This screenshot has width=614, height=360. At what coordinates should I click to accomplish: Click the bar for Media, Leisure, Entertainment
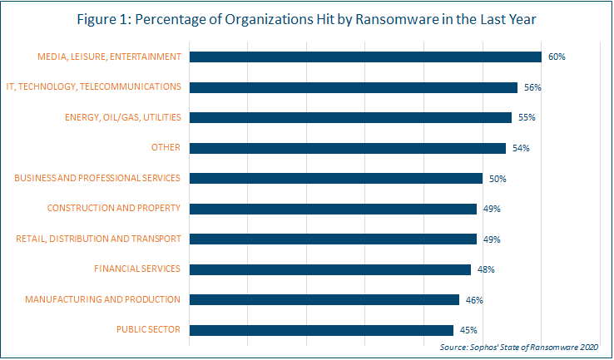coord(365,57)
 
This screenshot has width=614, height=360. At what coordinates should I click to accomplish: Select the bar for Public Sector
coord(321,329)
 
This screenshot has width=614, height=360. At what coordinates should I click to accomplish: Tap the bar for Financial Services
coord(330,269)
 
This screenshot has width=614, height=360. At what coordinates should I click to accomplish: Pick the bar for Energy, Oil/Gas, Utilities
coord(350,117)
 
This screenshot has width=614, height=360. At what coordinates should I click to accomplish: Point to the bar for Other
coord(348,148)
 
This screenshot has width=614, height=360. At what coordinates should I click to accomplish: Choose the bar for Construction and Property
coord(333,209)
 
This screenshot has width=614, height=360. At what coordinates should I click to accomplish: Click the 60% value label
coord(557,57)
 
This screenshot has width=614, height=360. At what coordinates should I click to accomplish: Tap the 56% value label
coord(532,87)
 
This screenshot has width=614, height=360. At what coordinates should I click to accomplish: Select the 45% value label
coord(468,330)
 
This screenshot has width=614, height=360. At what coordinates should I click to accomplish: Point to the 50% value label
coord(498,179)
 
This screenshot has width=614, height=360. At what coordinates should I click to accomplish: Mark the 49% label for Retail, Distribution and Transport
coord(492,239)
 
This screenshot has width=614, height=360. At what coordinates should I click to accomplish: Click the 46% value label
coord(474,300)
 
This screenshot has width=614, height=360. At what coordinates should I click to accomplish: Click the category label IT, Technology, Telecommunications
coord(93,86)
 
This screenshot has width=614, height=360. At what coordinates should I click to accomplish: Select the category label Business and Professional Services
coord(97,178)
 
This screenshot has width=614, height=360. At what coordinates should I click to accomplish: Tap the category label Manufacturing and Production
coord(102,299)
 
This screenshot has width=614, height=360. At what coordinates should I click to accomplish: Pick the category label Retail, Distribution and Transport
coord(98,239)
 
